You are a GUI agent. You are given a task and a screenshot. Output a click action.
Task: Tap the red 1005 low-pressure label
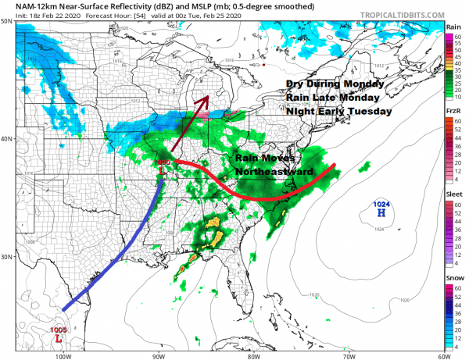click(x=58, y=330)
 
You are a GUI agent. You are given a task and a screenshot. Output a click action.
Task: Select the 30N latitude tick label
click(x=7, y=258)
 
